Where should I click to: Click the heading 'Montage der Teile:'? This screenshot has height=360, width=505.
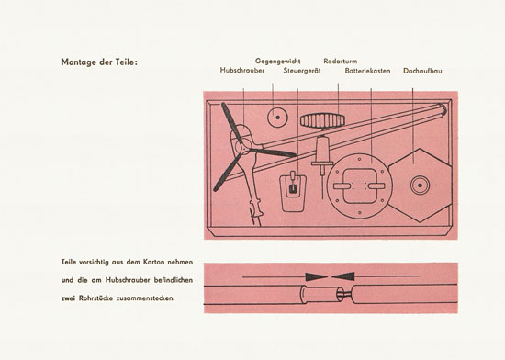pos(99,62)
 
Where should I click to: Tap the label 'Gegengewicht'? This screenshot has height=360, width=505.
pos(277,62)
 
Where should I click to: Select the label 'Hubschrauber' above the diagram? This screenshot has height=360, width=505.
pos(242,70)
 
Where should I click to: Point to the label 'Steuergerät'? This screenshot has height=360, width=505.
pos(302,71)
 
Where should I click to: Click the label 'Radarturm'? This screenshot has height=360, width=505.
pos(341,62)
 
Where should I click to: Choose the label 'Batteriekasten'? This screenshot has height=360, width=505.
pos(367,71)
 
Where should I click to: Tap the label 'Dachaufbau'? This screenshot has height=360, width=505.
pos(422,71)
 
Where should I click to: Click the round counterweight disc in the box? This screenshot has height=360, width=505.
pos(277,118)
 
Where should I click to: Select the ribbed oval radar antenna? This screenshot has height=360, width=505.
pos(322,120)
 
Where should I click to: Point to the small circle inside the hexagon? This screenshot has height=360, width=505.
pos(420,186)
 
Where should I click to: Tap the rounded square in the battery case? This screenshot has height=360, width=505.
pos(360,186)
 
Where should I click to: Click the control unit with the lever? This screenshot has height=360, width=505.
pos(293,192)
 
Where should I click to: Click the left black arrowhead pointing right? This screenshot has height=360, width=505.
pos(317,276)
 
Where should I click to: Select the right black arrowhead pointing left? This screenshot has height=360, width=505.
pos(343,276)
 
